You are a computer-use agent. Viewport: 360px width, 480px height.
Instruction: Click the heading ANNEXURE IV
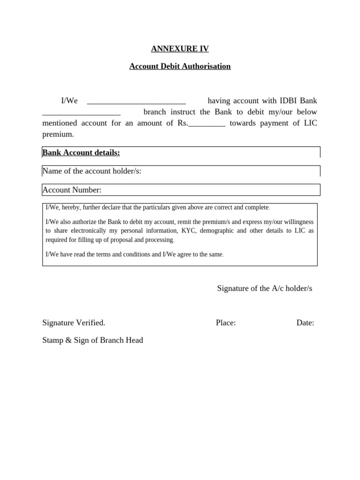point(180,49)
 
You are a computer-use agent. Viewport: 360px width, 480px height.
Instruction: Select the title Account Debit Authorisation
point(180,66)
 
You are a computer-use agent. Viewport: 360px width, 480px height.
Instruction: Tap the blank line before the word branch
point(81,113)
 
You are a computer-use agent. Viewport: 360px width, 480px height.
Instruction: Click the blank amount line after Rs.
point(207,124)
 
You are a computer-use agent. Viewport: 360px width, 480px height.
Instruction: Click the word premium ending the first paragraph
point(58,135)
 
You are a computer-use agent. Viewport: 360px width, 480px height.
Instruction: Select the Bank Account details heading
point(81,152)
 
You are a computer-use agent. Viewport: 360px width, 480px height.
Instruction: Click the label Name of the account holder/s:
point(92,171)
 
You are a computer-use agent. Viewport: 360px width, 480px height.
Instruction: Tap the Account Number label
point(72,190)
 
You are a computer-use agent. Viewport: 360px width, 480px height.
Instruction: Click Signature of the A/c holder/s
point(264,288)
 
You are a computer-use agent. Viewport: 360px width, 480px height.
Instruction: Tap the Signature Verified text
point(74,322)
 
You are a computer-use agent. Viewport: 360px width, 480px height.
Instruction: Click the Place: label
point(225,322)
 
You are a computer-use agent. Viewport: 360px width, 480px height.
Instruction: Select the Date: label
point(305,322)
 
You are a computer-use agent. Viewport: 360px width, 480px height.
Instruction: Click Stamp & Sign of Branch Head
point(92,340)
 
